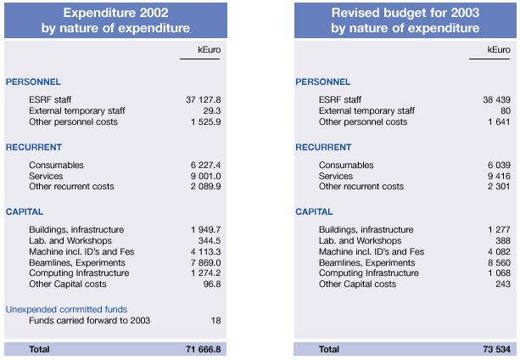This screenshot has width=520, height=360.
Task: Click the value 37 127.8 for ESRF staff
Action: coord(203,100)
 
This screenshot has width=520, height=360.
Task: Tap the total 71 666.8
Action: coord(203,349)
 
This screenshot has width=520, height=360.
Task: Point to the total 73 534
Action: coord(495,349)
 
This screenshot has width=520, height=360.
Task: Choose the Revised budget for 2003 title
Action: coord(405,21)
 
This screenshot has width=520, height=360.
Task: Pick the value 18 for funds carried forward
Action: coord(215,320)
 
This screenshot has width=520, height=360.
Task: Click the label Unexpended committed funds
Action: coord(66,309)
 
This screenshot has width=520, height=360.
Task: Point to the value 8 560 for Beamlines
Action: coord(498,262)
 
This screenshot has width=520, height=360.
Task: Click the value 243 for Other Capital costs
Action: coord(503,284)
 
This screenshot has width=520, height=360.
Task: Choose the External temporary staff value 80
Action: coord(506,111)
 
